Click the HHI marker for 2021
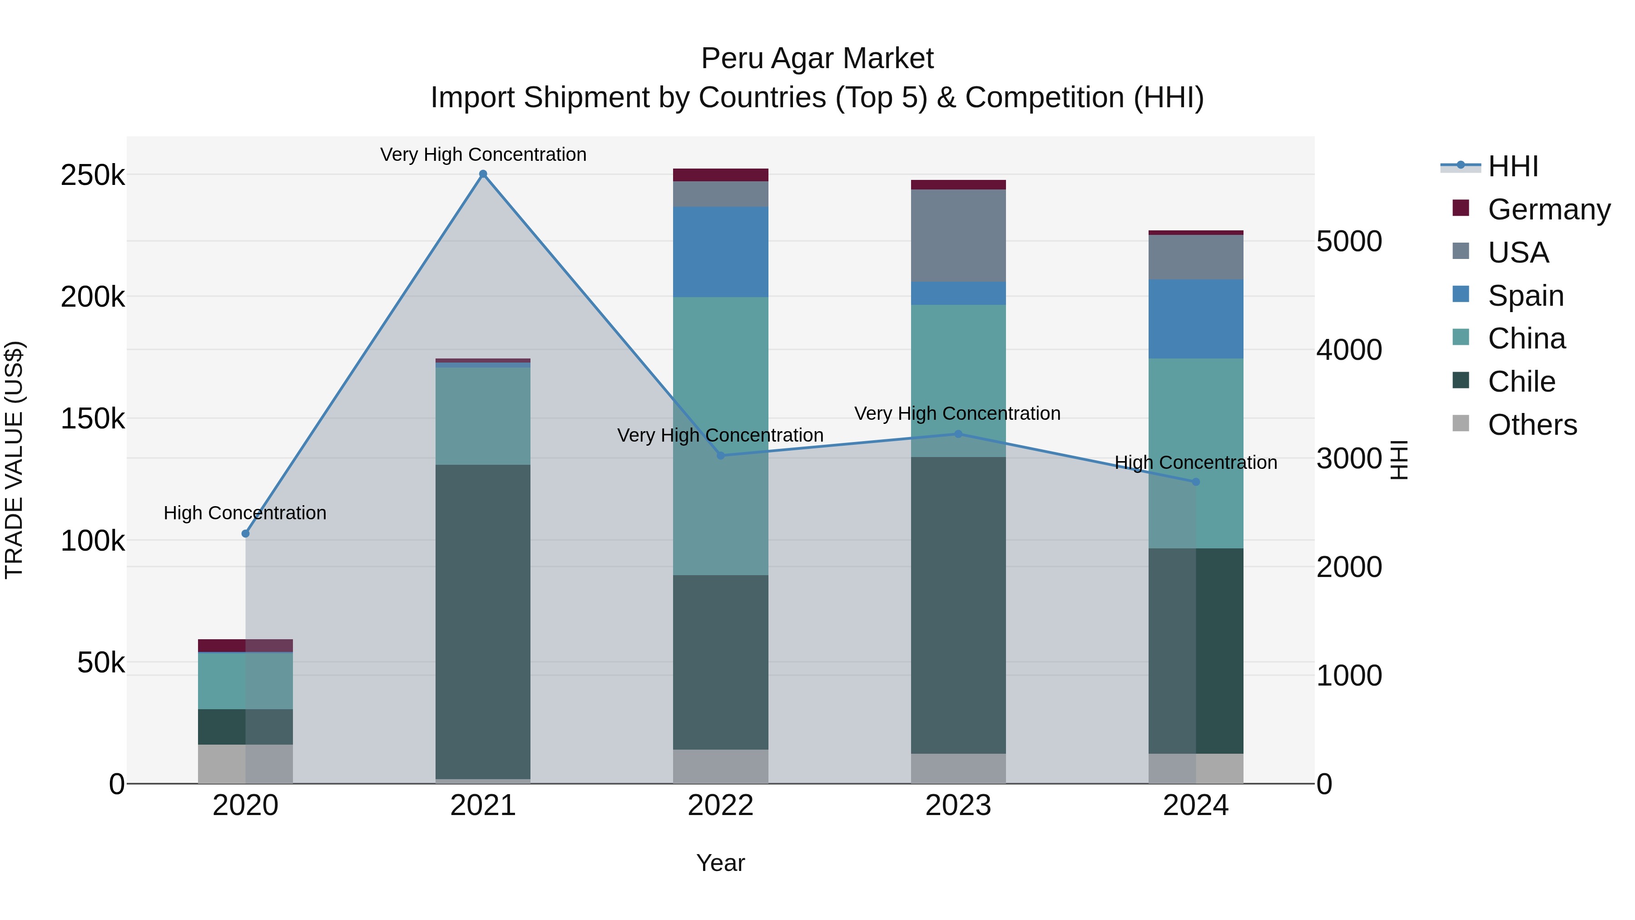[483, 174]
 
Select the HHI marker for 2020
[246, 533]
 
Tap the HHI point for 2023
[958, 434]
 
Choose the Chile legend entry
[1521, 382]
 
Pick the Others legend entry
[1531, 425]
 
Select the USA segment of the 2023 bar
[958, 235]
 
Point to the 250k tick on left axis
[93, 175]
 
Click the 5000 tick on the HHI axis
[1349, 241]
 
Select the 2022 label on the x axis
[720, 806]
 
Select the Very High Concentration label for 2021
[483, 154]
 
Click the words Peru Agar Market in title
[817, 59]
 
